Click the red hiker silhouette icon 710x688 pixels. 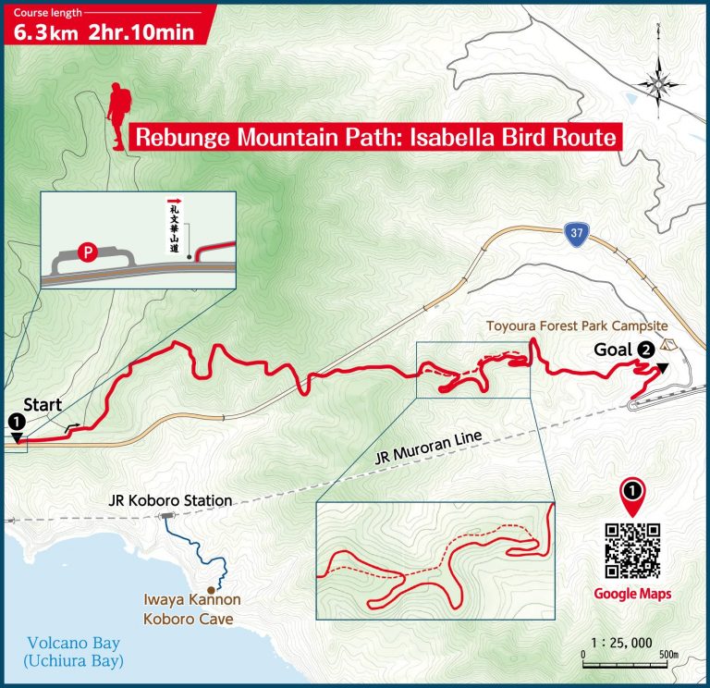click(x=117, y=115)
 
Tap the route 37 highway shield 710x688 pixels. click(x=575, y=234)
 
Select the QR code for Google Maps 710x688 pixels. click(x=632, y=552)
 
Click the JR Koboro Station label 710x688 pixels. click(x=169, y=500)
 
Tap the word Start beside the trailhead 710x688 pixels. click(x=43, y=404)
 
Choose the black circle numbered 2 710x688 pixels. click(x=647, y=350)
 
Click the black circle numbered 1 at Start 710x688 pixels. click(x=16, y=421)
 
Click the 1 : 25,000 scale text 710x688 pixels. click(x=621, y=643)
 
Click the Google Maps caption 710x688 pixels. click(x=632, y=594)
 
